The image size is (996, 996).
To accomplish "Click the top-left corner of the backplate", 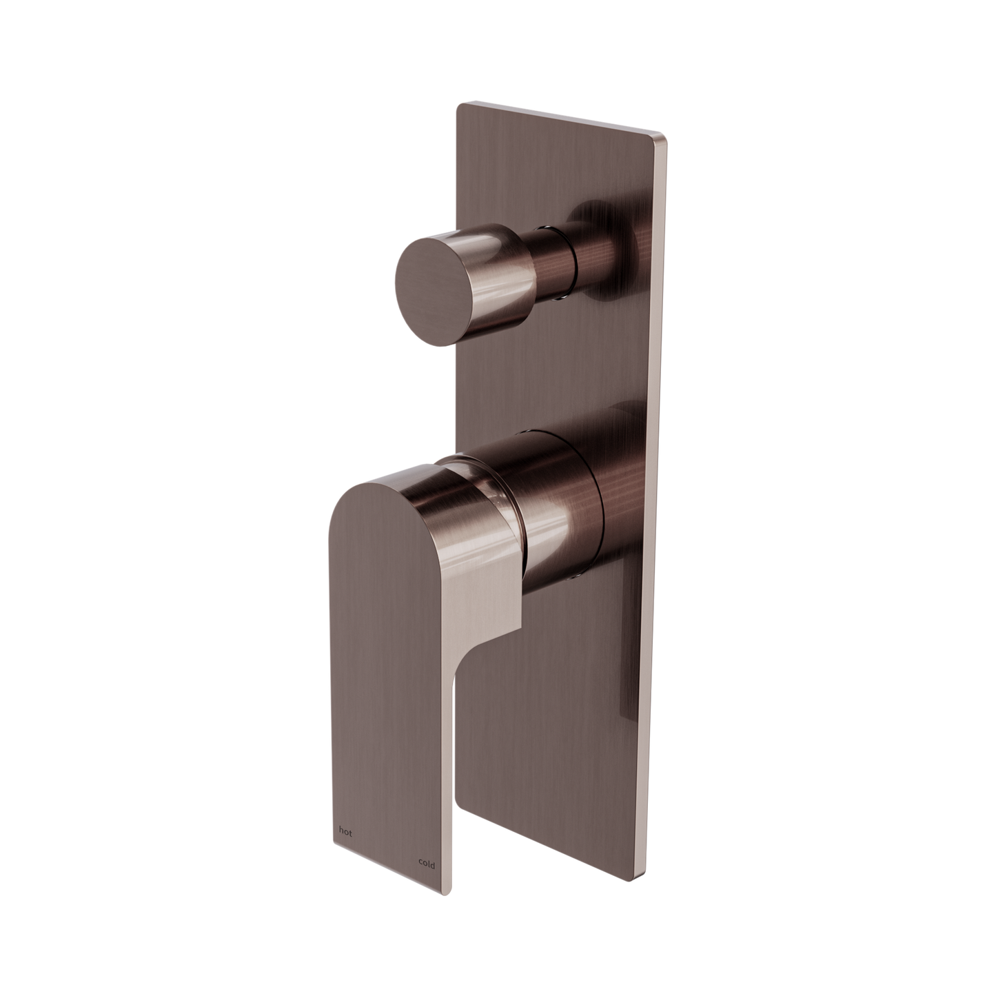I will pyautogui.click(x=458, y=105).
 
